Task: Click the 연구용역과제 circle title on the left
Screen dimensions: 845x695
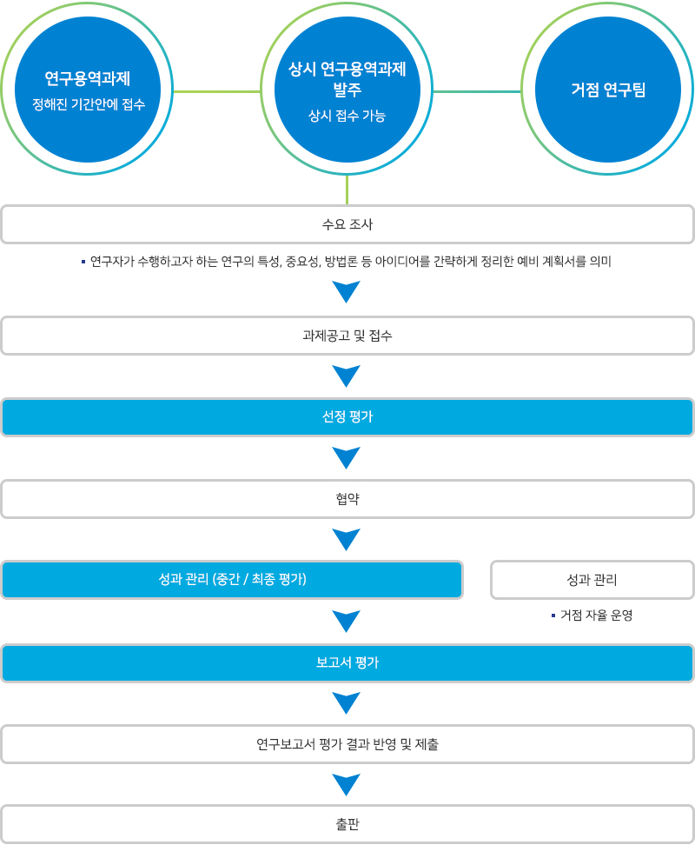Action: (x=87, y=78)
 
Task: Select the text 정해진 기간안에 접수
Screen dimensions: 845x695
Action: (x=87, y=105)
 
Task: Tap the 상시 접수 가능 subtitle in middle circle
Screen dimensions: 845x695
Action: (x=347, y=116)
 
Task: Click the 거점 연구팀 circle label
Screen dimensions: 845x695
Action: (x=608, y=90)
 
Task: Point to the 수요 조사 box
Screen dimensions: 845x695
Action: (x=347, y=224)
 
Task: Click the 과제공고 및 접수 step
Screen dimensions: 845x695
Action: (x=347, y=336)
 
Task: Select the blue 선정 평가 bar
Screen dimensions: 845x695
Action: (x=347, y=417)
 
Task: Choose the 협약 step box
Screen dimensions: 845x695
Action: (x=347, y=499)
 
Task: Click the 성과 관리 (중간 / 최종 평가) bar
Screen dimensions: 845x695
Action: (x=232, y=580)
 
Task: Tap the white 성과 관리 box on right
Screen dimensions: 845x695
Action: (x=592, y=580)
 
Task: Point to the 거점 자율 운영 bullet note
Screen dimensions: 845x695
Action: (x=595, y=615)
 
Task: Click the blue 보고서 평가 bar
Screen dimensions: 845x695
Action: (x=347, y=662)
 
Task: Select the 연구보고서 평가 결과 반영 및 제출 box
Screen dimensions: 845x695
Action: (x=347, y=744)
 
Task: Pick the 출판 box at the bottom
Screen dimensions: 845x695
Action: (x=347, y=824)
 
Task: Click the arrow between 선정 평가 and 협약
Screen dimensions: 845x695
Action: (x=347, y=457)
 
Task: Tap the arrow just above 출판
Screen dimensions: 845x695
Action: (x=347, y=784)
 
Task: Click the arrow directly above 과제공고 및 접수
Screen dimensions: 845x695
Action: (x=347, y=291)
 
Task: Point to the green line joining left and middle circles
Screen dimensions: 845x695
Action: (x=216, y=90)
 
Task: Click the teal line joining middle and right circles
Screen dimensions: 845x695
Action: (x=477, y=90)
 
